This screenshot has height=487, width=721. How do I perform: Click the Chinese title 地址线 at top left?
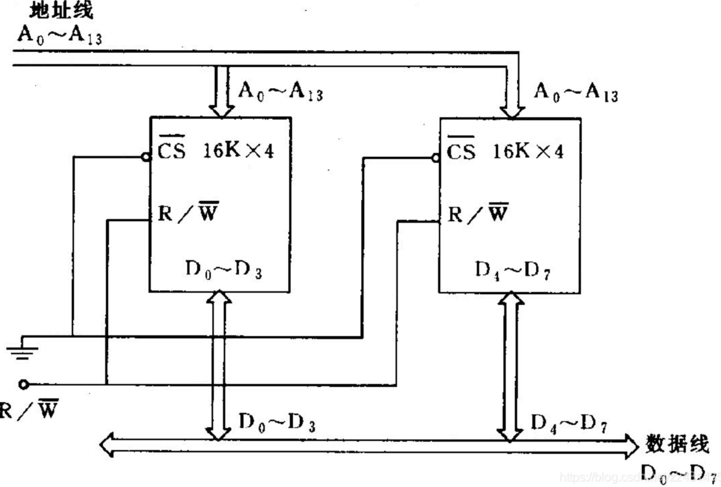click(61, 10)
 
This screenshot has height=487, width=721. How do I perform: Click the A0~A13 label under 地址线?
click(59, 35)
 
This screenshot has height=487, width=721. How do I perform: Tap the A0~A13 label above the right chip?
click(576, 92)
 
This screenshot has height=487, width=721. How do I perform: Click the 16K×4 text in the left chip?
click(238, 151)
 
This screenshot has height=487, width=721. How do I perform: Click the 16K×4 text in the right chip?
click(528, 151)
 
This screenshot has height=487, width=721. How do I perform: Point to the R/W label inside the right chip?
click(478, 213)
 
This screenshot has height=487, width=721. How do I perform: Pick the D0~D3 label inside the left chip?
click(223, 270)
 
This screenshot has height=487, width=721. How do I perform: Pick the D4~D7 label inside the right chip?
click(512, 271)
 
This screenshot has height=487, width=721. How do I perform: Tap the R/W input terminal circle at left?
click(23, 384)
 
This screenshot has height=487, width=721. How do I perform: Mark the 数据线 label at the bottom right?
click(676, 444)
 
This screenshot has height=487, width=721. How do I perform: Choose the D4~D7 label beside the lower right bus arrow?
click(568, 422)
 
